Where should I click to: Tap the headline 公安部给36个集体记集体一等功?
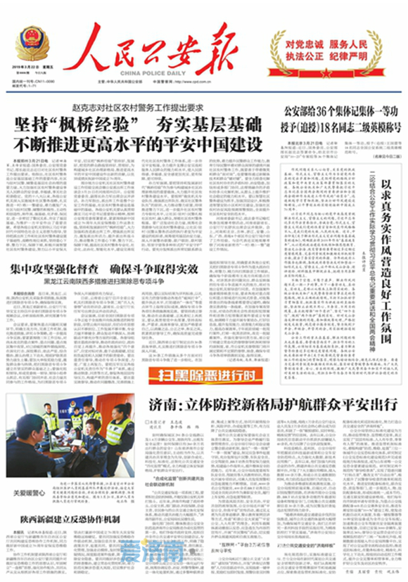340,111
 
